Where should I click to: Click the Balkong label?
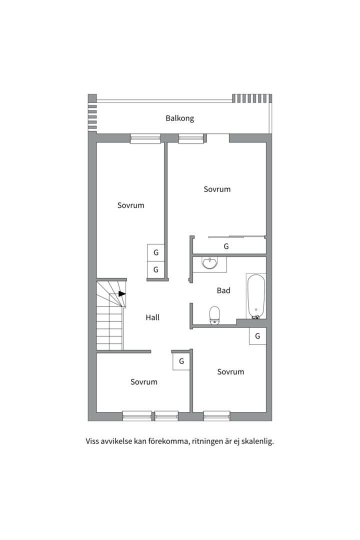point(180,118)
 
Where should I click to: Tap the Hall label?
point(152,317)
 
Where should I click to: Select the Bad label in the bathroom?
point(223,290)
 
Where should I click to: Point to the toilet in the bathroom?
point(214,315)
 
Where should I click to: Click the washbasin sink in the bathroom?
point(210,263)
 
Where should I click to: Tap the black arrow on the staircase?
point(122,294)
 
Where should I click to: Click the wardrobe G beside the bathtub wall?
point(257,336)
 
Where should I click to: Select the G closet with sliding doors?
point(226,246)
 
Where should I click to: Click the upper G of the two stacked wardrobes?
point(155,252)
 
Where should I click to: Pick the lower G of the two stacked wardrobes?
point(155,269)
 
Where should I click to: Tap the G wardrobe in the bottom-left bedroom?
point(181,361)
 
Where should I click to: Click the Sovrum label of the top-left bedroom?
point(131,205)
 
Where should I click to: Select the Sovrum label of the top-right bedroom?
point(217,189)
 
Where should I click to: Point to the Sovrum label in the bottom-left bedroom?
point(144,382)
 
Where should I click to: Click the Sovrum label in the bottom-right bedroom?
point(231,371)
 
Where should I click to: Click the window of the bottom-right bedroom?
point(216,416)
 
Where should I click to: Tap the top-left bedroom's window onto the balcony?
point(145,138)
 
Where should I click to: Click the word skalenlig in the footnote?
point(257,441)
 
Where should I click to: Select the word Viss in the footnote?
point(92,441)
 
